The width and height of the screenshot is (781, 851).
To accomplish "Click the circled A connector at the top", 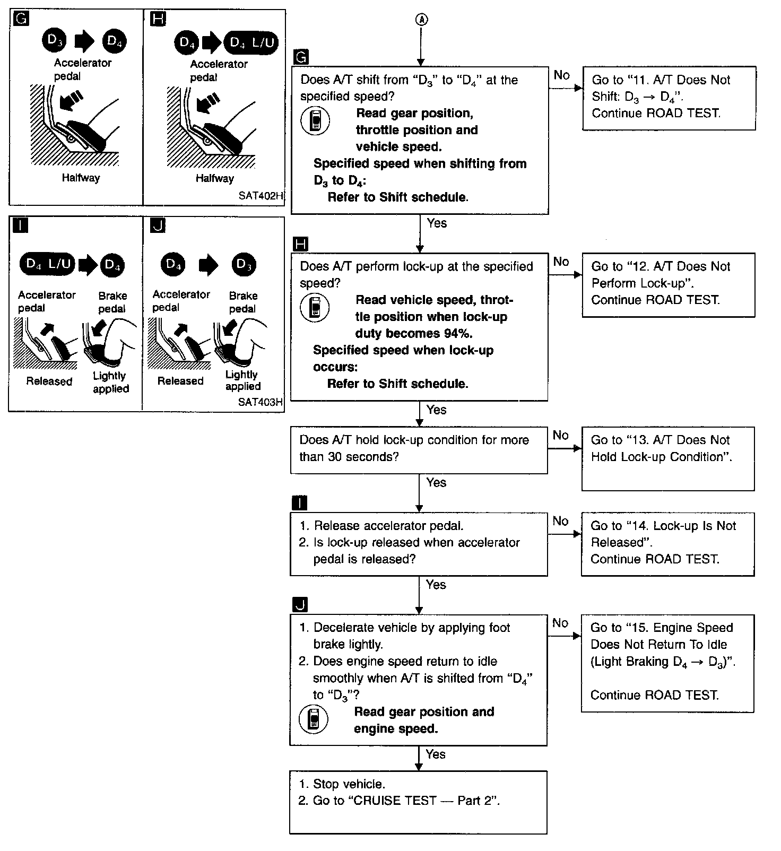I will click(420, 20).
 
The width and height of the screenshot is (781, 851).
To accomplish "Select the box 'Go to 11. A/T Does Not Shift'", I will click(669, 98).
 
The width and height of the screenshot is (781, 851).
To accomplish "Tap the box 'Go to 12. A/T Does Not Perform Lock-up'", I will click(668, 285).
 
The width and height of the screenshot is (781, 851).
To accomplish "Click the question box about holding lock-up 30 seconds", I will click(419, 450).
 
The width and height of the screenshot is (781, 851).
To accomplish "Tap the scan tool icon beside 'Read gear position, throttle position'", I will click(315, 121).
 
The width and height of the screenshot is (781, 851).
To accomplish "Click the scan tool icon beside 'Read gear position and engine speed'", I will click(314, 719).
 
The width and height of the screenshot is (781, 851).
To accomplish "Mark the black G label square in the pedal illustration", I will click(21, 19).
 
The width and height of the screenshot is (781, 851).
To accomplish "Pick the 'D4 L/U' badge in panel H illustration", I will click(251, 42).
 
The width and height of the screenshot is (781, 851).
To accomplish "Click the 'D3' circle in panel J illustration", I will click(244, 264).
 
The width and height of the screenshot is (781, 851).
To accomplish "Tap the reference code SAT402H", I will click(261, 195).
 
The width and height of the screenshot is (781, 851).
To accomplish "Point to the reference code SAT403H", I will click(260, 402).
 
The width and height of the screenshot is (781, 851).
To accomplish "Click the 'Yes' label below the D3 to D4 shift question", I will click(437, 223).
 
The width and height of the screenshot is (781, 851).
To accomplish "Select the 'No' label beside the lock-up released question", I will click(560, 521).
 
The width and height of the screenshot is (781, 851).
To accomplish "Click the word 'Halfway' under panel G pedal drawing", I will click(81, 178).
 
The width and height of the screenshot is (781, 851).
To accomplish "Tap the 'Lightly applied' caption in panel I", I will click(110, 382).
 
